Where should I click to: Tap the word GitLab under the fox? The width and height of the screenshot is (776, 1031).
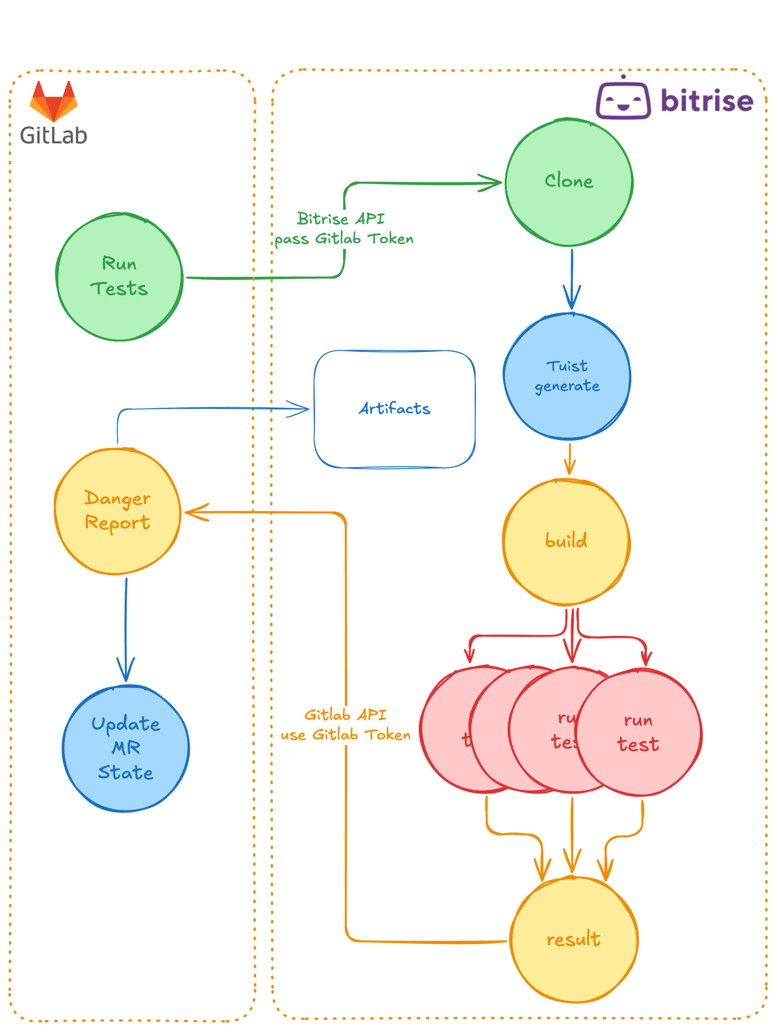[x=53, y=135]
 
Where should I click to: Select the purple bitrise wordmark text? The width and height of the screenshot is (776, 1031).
[x=707, y=100]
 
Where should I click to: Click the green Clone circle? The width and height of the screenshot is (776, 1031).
[x=569, y=182]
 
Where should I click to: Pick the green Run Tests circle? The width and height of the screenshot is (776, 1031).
[x=119, y=277]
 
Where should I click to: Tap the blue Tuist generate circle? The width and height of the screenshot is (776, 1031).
[x=567, y=376]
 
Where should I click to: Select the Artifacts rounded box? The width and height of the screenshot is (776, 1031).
[x=394, y=409]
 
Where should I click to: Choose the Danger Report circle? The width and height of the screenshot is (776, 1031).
[x=117, y=511]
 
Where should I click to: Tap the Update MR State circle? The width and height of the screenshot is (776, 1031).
[x=126, y=749]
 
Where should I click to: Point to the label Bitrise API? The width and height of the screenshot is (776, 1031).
[x=341, y=219]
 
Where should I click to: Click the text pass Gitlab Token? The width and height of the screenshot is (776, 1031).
[x=344, y=239]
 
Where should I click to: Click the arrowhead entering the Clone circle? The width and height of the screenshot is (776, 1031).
[x=492, y=183]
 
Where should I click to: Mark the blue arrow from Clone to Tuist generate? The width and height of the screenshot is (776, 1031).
[x=572, y=280]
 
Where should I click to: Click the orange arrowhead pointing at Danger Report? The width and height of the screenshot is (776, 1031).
[x=195, y=513]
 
